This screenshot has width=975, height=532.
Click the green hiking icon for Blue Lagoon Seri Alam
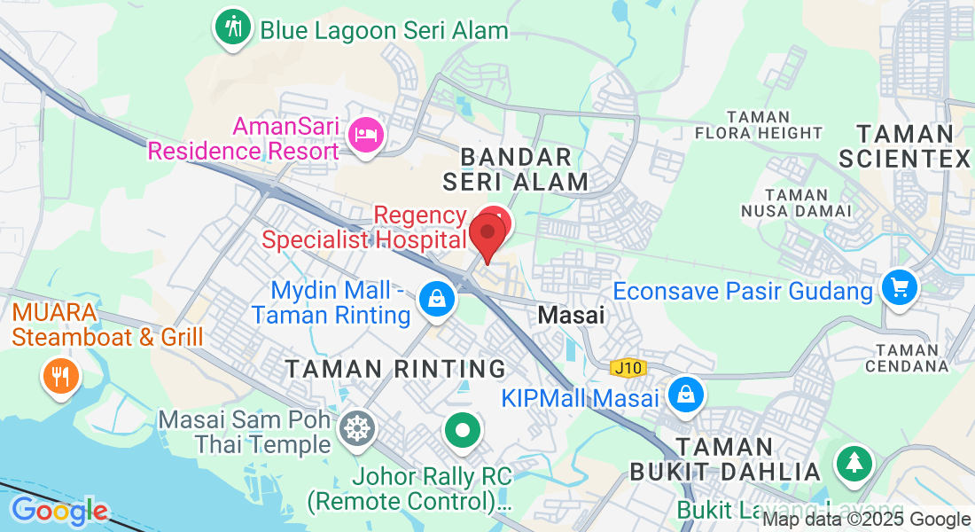(x=233, y=27)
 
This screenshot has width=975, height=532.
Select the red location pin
(x=487, y=233)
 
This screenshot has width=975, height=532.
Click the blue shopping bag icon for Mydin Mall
(x=437, y=299)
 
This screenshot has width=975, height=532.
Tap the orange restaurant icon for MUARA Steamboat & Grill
(x=61, y=376)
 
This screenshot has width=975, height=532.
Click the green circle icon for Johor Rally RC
(x=462, y=432)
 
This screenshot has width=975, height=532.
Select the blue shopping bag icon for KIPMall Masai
(x=686, y=395)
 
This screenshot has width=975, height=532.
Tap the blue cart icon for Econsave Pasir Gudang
(x=900, y=287)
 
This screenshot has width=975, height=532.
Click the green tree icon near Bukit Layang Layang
(x=854, y=462)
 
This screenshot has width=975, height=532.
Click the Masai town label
(x=572, y=315)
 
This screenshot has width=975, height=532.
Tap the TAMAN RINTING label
(x=395, y=369)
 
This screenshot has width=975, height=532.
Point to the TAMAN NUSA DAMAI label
(x=795, y=203)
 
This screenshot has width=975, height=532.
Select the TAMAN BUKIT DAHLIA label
(x=725, y=458)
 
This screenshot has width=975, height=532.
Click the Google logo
(x=58, y=511)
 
